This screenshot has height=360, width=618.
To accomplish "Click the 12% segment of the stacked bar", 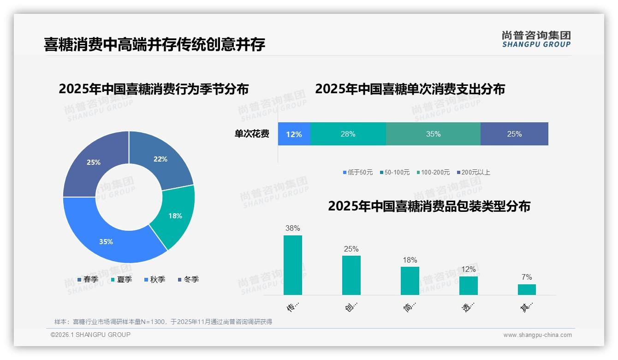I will point(294,134).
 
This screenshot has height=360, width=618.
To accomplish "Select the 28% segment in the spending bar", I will point(348,134).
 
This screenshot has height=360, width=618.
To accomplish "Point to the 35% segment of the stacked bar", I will point(433,134).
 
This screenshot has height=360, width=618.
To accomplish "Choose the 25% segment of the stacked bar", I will point(514,134).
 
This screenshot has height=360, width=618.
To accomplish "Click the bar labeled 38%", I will point(292,265).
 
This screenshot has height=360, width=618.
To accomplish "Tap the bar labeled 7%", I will point(527,289).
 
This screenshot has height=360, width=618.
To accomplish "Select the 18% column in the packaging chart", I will point(410,281).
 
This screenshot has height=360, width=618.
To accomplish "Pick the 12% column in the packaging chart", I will point(468,285).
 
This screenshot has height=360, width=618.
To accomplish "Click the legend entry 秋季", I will point(154,279).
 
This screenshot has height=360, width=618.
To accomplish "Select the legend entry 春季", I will point(88,279).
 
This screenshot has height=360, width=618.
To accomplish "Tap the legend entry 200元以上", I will point(474,172).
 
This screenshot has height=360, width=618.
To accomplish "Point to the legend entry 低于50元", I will point(358,172).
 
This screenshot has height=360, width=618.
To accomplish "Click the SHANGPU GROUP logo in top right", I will point(536,39).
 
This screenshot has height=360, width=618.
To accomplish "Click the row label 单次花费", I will point(252,134).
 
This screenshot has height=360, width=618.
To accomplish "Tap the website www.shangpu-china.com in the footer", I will point(537,335).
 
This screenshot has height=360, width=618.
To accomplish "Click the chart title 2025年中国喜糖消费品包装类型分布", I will point(429,206).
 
